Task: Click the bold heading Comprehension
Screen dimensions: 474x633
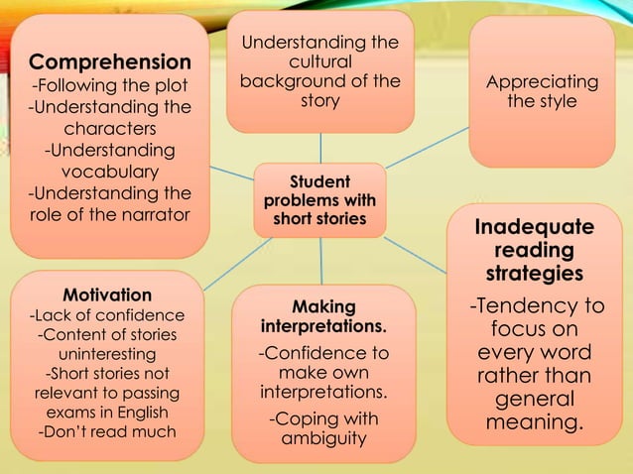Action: point(109,61)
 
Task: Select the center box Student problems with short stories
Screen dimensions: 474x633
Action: point(319,200)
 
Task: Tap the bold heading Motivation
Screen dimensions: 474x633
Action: point(107,296)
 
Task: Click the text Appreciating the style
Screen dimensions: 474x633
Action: point(542,91)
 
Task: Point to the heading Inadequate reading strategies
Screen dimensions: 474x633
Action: point(535,250)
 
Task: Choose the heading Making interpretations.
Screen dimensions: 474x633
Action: point(323,317)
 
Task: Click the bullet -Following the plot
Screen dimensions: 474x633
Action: point(109,85)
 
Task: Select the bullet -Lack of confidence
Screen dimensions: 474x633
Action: point(107,315)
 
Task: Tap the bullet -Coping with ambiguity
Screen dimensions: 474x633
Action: point(323,428)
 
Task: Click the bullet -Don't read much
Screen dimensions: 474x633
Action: point(107,431)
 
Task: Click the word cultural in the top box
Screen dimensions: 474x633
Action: point(319,61)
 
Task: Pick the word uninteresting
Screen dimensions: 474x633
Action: point(107,354)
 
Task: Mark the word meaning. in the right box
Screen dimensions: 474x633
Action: point(535,423)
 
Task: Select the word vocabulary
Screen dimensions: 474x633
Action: point(109,172)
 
